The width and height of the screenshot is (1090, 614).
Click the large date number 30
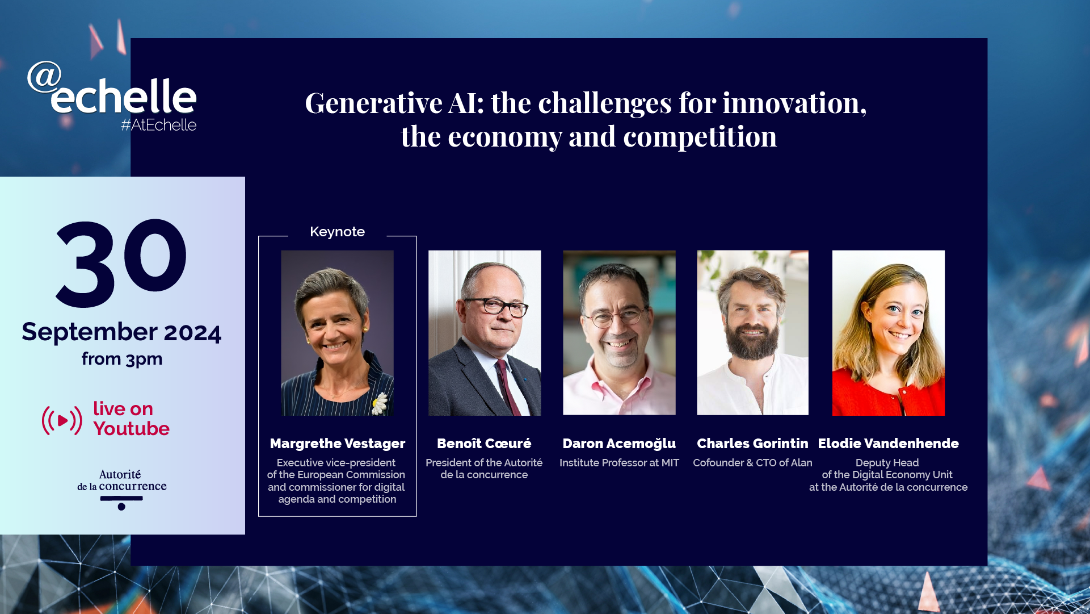(x=121, y=263)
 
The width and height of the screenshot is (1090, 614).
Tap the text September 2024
(x=121, y=332)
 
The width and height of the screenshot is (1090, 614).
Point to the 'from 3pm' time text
(x=122, y=359)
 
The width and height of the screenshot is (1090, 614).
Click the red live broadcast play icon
(x=62, y=420)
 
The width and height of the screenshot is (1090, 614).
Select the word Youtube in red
(x=132, y=428)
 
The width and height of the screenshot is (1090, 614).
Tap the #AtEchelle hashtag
(x=158, y=125)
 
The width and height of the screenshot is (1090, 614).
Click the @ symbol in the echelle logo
(x=44, y=77)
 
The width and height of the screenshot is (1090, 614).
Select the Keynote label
(x=337, y=232)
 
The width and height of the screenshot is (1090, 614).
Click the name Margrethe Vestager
(x=338, y=444)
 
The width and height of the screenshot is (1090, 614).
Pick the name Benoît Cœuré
(x=484, y=444)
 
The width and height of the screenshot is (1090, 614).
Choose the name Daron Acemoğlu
(x=619, y=444)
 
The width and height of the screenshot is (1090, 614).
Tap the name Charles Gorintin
(x=752, y=444)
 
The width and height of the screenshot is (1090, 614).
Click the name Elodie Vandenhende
(x=888, y=444)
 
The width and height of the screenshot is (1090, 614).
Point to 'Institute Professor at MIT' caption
(x=619, y=463)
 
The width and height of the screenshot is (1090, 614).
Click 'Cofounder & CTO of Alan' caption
(x=752, y=463)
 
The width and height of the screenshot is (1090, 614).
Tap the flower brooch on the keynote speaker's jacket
(x=380, y=403)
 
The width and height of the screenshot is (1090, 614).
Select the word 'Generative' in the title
(x=374, y=103)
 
